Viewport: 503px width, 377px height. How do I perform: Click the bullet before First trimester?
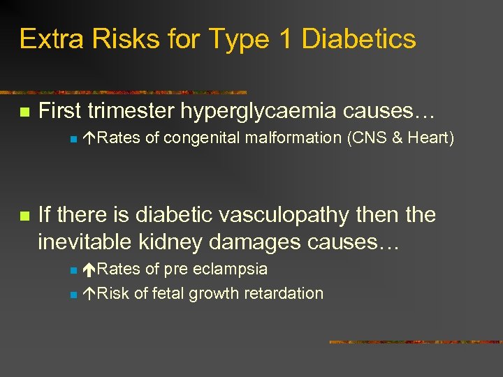(x=24, y=112)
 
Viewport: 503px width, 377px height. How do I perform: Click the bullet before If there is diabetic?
(x=24, y=216)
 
